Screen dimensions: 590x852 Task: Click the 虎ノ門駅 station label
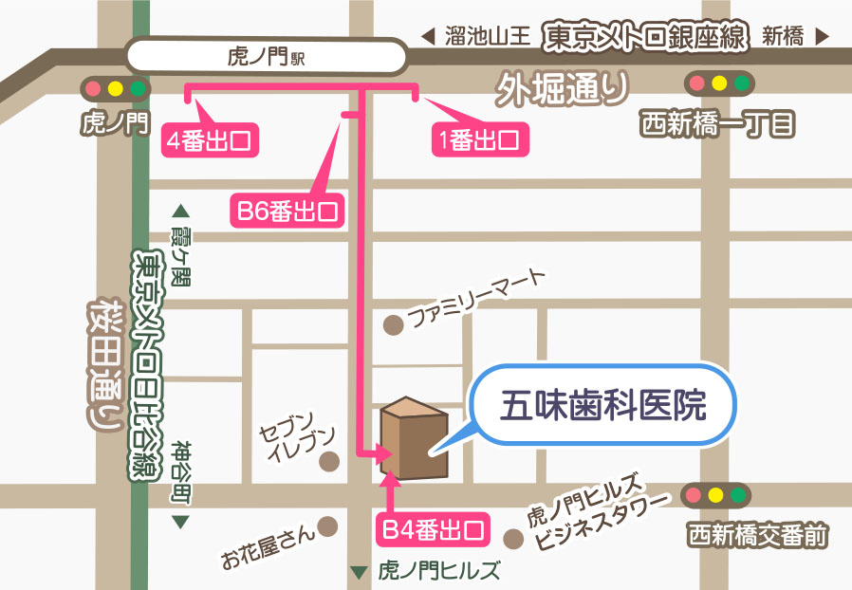(x=267, y=57)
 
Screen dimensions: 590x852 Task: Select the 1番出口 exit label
(x=478, y=141)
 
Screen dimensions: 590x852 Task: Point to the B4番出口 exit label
(x=435, y=528)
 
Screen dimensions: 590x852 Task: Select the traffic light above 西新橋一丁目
(x=719, y=83)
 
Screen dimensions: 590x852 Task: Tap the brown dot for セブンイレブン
(x=330, y=462)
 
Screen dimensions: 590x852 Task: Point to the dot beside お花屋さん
(x=329, y=525)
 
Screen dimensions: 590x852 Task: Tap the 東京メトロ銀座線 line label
(x=645, y=37)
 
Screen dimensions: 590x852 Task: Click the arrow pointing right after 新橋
(x=822, y=38)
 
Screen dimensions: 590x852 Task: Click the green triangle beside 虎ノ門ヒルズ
(x=358, y=572)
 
